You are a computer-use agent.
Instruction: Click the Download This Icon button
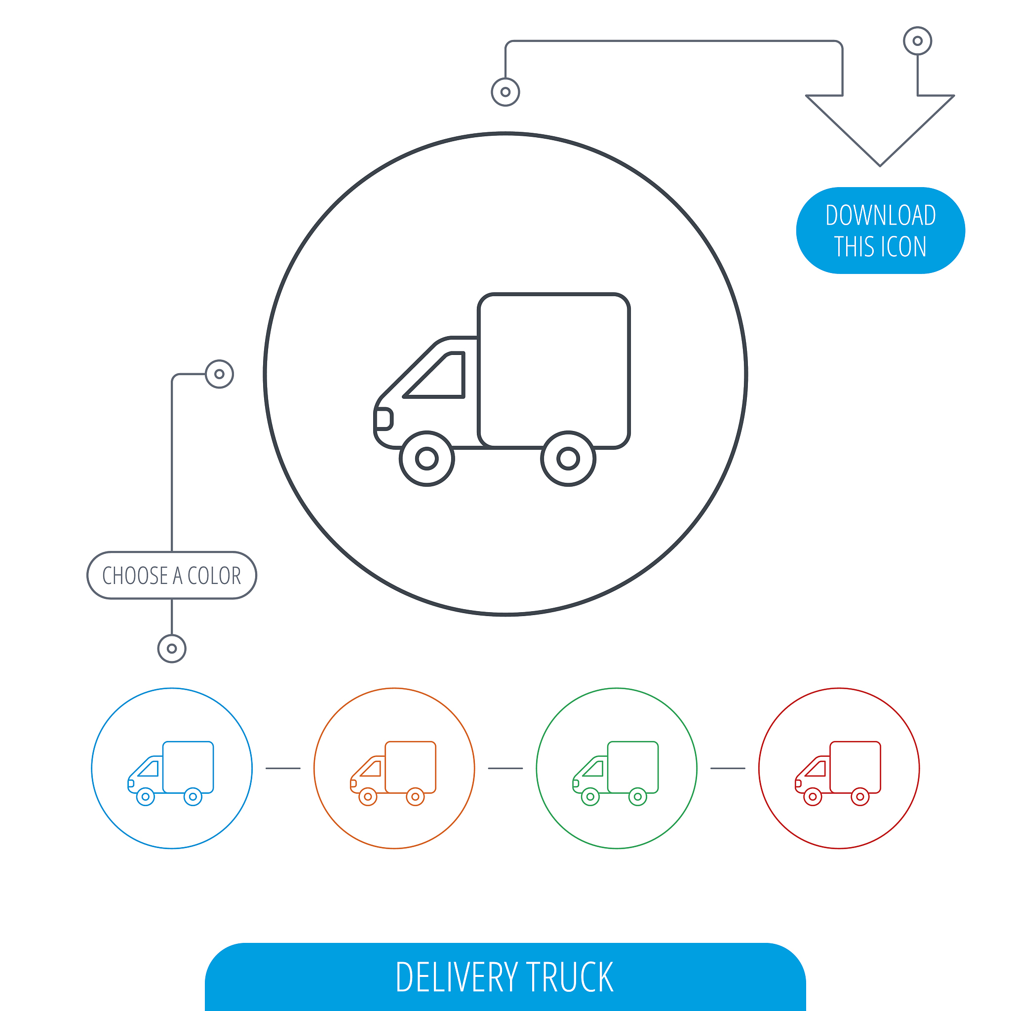point(880,230)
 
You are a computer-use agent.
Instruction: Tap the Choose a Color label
point(172,575)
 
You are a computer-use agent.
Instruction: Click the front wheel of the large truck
point(427,459)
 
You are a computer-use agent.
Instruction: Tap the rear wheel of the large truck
point(568,459)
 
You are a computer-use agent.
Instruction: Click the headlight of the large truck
point(384,419)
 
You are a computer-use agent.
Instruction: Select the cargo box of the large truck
point(554,371)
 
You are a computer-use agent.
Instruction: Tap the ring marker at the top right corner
point(917,41)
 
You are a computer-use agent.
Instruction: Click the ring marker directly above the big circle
point(505,92)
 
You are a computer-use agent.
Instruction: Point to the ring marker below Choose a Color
point(172,649)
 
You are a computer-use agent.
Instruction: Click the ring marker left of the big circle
point(219,374)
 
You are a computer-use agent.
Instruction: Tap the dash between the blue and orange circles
point(283,768)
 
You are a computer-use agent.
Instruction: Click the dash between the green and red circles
point(728,768)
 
